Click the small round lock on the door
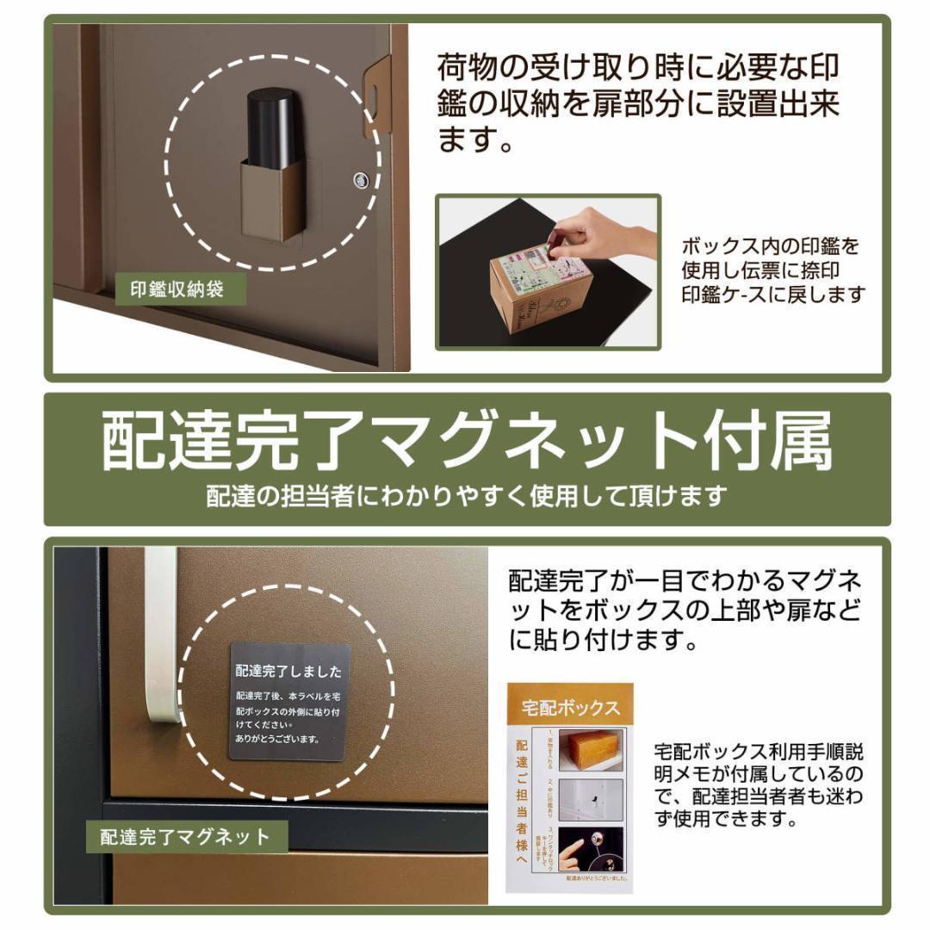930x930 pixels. pos(360,179)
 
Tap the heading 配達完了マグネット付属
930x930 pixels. pos(466,441)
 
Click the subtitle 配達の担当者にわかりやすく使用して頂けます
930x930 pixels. pos(466,497)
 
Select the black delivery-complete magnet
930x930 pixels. pos(289,702)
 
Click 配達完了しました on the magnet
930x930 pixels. pos(288,672)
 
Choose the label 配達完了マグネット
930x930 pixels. pos(185,836)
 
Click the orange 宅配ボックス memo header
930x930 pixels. pos(570,708)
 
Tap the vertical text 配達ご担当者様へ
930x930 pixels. pos(523,801)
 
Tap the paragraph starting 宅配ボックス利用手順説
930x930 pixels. pos(758,784)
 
